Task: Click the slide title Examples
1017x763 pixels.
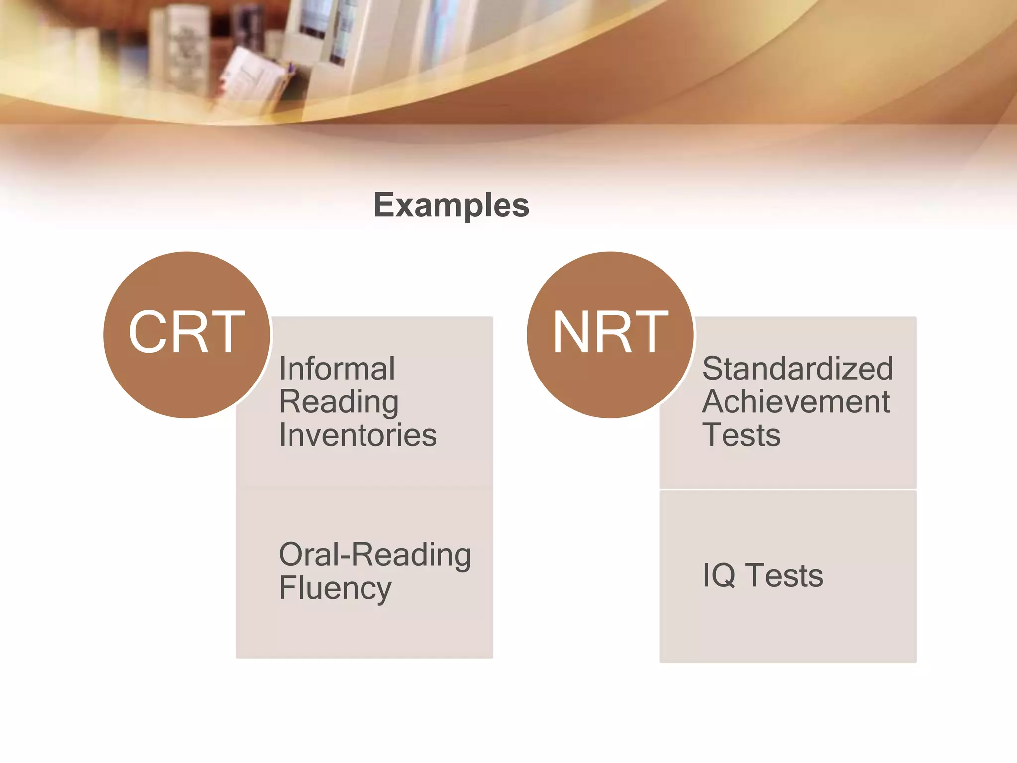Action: [x=451, y=205]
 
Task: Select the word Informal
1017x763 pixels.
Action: [x=337, y=369]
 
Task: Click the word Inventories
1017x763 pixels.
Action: [x=358, y=435]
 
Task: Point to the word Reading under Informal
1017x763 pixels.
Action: [x=339, y=402]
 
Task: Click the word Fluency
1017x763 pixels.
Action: [x=335, y=588]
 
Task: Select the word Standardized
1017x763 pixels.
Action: [x=797, y=369]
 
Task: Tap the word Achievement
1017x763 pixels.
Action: [x=796, y=402]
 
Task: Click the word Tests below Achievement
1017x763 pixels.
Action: [x=741, y=435]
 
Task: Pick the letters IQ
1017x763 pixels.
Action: [x=719, y=575]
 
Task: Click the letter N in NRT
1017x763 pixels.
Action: [x=571, y=332]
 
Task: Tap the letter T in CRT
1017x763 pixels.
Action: [x=227, y=332]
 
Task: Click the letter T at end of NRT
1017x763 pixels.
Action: [x=651, y=332]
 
